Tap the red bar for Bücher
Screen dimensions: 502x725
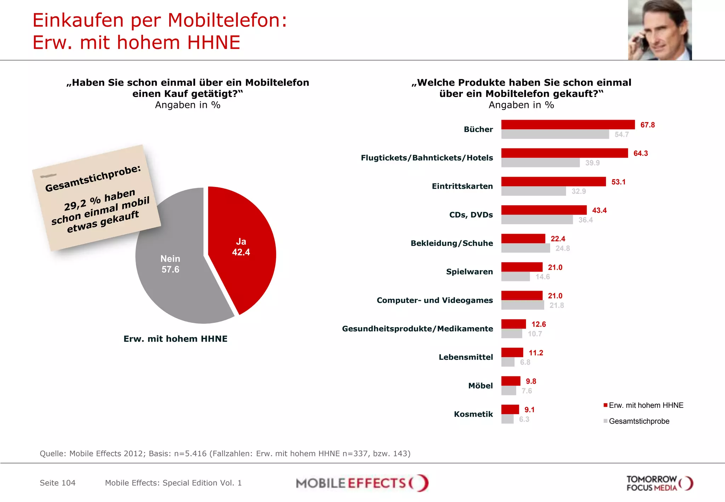click(x=568, y=125)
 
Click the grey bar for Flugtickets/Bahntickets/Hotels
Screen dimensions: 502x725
click(x=540, y=163)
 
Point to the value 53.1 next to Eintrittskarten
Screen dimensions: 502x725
click(x=618, y=182)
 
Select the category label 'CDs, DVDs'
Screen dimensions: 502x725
click(x=471, y=215)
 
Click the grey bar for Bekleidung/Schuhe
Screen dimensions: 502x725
click(x=525, y=248)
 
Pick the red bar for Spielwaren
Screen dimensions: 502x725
click(x=522, y=267)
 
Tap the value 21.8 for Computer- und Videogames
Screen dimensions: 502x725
click(x=556, y=305)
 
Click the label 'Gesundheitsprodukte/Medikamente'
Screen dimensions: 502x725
click(x=417, y=329)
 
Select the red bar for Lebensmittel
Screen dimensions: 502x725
click(x=512, y=352)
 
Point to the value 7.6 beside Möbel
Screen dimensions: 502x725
click(x=526, y=391)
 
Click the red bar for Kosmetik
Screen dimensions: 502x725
click(x=510, y=409)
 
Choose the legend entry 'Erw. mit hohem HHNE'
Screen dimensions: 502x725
click(x=646, y=405)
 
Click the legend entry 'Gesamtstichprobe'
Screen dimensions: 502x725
click(x=639, y=421)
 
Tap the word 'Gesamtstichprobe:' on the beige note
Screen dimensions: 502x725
click(x=93, y=178)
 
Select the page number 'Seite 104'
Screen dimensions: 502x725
click(x=58, y=483)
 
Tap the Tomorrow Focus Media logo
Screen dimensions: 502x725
click(x=659, y=483)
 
